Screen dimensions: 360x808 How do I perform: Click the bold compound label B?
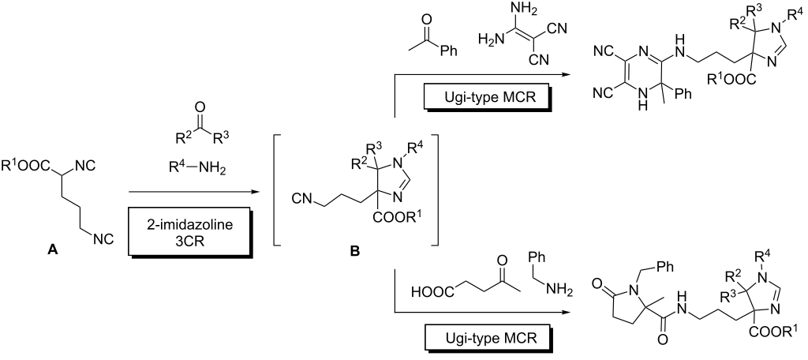(x=356, y=252)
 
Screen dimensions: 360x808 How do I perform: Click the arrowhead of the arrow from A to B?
(x=255, y=192)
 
